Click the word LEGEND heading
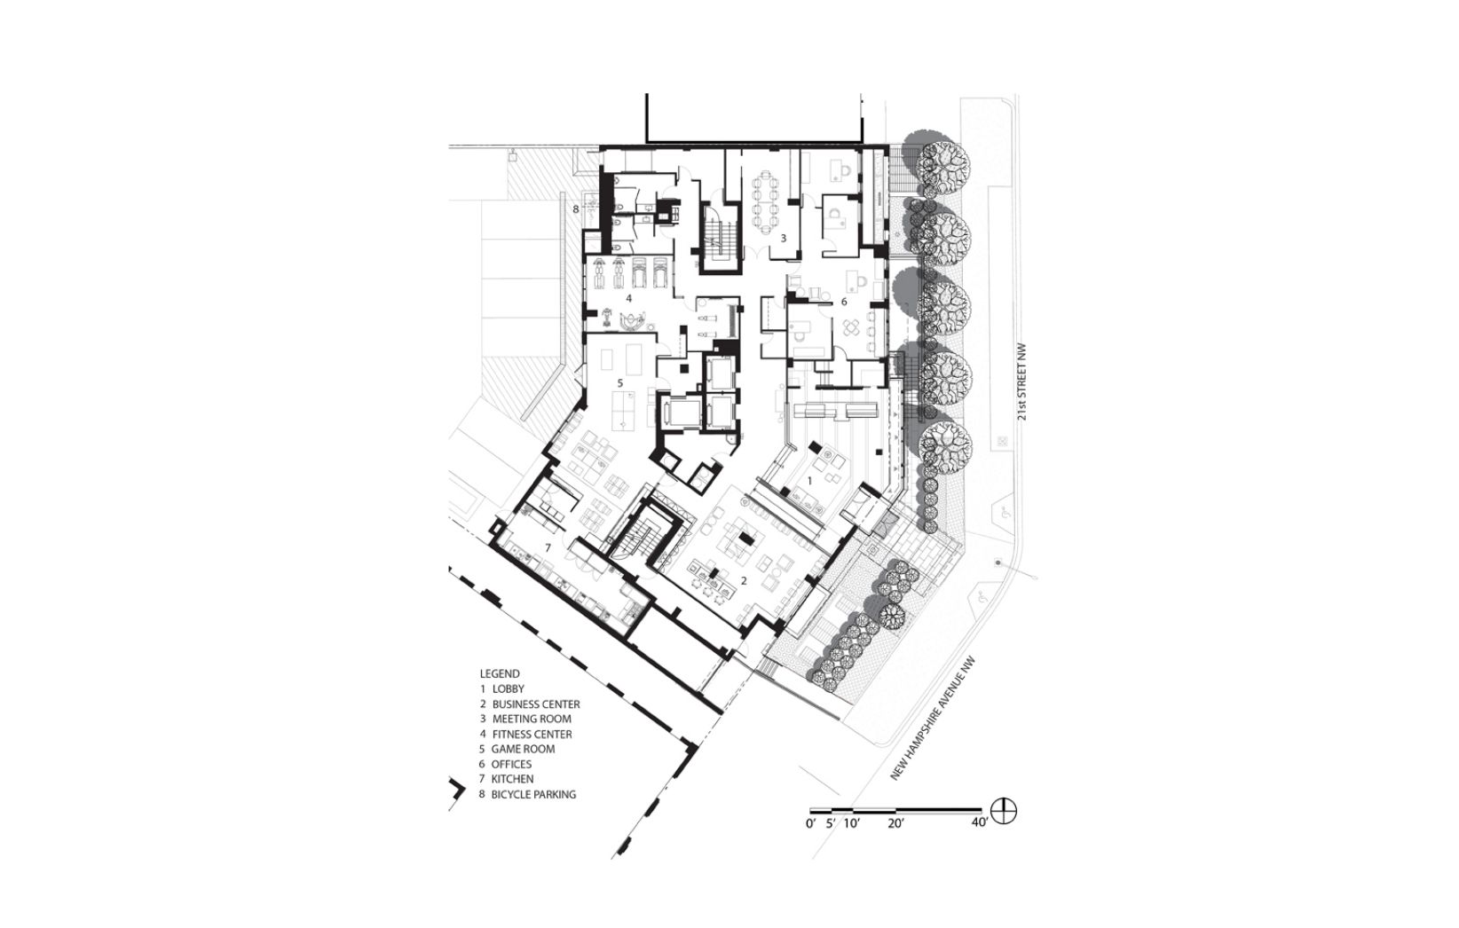[x=500, y=674]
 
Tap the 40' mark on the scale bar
[x=981, y=823]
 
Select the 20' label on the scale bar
[x=895, y=823]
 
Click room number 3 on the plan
[x=784, y=239]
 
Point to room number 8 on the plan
[x=576, y=209]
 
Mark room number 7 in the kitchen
[x=548, y=548]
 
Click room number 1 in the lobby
[x=809, y=481]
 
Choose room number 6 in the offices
[x=844, y=302]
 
